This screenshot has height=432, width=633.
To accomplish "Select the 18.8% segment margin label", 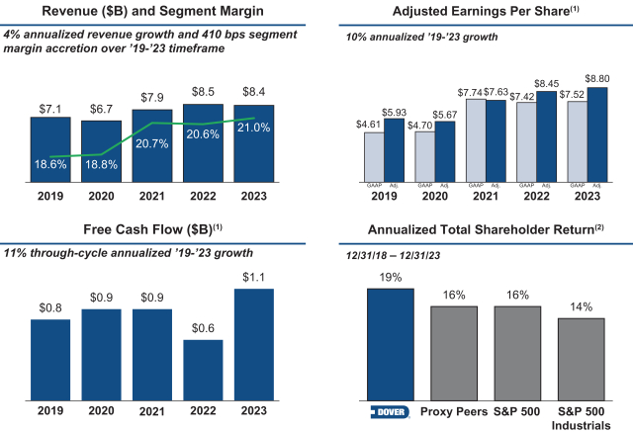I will click(101, 165).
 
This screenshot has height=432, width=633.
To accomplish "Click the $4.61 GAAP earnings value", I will click(372, 125).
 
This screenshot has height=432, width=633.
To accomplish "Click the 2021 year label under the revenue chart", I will click(151, 196).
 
